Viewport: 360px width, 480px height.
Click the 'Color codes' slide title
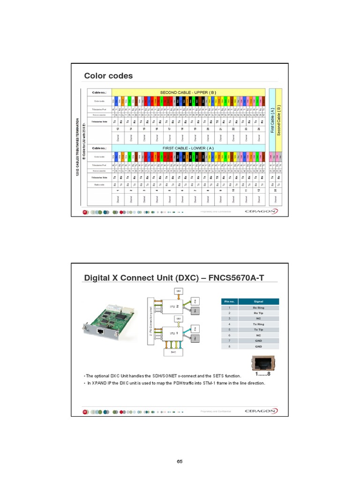click(108, 76)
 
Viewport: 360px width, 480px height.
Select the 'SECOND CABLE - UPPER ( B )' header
click(188, 92)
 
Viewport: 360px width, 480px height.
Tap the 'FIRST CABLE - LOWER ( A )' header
click(188, 148)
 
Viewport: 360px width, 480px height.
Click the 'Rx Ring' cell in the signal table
click(258, 307)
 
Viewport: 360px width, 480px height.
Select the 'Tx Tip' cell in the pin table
click(258, 330)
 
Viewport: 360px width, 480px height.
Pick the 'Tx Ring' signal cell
click(258, 324)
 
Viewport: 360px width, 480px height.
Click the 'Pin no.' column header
click(229, 301)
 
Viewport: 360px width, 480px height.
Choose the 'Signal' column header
click(258, 301)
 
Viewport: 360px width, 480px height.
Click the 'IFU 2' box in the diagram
click(174, 307)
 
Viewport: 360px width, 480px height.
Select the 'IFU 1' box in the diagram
click(174, 333)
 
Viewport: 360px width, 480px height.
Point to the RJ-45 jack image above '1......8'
click(262, 363)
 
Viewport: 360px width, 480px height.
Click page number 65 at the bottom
click(180, 462)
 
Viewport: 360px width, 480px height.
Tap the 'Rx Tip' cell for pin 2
click(258, 313)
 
